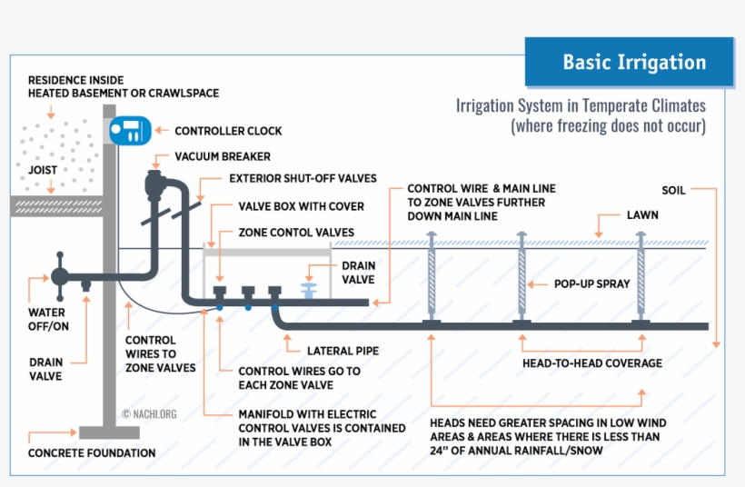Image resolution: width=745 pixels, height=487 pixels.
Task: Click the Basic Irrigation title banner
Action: pos(629,63)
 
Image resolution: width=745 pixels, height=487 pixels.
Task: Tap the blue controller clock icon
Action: pos(128,131)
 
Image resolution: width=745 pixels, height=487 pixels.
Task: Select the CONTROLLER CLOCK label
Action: pos(228,132)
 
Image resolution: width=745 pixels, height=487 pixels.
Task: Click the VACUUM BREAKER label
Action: pos(223,156)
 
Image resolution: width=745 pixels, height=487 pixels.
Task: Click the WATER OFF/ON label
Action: pos(46,319)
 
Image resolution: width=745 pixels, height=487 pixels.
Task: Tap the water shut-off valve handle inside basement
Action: pos(61,273)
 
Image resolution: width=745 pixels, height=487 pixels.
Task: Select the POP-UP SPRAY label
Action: pos(591,283)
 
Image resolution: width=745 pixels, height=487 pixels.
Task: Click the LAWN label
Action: pos(641,216)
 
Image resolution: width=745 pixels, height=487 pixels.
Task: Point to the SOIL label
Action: pos(673,190)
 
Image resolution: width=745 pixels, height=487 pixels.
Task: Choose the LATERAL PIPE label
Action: pos(343,350)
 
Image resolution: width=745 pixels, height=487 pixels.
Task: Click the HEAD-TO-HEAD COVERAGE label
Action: pos(591,363)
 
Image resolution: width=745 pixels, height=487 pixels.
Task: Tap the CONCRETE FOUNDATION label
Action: pos(92,452)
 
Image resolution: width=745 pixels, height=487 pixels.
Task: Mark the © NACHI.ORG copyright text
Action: pos(149,413)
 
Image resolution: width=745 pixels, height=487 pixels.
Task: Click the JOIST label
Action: pos(43,170)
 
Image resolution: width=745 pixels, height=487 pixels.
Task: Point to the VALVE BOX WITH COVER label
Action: pos(301,206)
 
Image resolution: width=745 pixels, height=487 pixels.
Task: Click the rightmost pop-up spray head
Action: pos(641,278)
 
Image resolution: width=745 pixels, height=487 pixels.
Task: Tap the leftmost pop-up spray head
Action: pos(432,278)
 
